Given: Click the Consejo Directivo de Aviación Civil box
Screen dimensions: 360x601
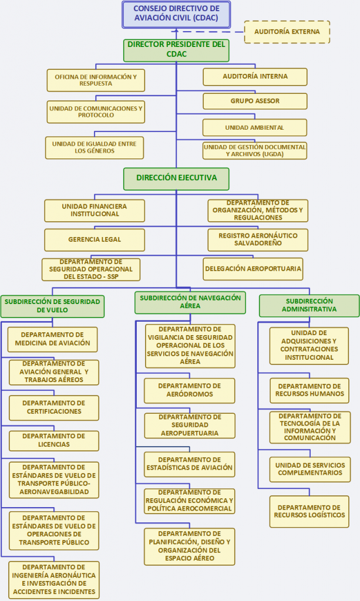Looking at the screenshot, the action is coord(176,15).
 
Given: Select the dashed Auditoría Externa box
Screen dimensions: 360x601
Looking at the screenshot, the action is coord(287,32).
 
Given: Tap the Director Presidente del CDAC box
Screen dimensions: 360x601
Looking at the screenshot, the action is coord(176,50).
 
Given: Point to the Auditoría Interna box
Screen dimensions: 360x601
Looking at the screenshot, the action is coord(255,77).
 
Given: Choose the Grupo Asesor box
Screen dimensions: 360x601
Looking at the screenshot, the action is coord(255,101).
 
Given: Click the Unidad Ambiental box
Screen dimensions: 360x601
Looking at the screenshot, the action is coord(254,127).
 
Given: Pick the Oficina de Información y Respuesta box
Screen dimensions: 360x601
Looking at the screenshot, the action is coord(96,80).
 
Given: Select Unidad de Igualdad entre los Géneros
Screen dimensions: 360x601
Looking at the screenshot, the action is coord(95,147).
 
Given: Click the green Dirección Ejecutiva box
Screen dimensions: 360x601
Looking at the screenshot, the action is coord(176,178).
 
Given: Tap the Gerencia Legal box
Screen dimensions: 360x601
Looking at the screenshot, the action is coord(95,240).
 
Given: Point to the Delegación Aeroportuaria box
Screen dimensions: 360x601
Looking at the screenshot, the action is coord(253,269).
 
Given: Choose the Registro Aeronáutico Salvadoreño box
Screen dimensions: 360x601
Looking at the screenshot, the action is coord(258,240).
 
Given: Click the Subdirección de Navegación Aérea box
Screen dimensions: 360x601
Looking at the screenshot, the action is coord(190,302).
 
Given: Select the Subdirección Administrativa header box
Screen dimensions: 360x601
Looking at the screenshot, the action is coord(309,305).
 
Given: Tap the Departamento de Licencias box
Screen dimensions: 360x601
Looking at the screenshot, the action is coord(53,441).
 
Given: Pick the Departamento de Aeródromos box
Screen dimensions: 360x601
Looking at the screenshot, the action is coord(189,390).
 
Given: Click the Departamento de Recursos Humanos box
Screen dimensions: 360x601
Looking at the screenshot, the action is coord(309,390).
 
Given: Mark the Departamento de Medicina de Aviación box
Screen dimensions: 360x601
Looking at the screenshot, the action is coord(52,340).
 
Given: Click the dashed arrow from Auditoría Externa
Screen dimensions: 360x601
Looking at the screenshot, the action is coord(210,32).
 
